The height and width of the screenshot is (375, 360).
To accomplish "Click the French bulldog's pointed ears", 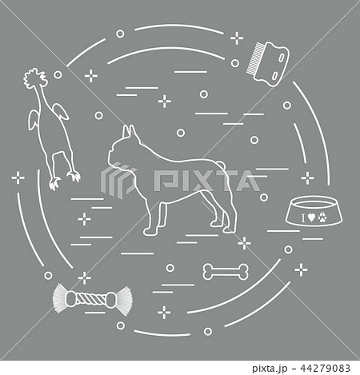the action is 129,132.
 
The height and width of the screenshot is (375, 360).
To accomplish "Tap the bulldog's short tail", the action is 222,165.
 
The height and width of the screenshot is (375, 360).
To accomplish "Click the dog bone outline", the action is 226,272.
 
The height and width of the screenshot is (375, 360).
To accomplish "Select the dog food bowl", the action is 314,211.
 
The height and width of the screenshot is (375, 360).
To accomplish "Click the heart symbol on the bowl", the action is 311,217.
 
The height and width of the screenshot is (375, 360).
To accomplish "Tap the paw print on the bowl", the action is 322,217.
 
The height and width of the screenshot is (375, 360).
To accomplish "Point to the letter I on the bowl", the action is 303,218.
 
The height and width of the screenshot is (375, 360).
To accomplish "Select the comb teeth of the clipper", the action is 253,58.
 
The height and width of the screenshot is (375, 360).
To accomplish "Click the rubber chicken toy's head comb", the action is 35,78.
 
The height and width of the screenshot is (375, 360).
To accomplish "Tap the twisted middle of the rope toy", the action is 92,299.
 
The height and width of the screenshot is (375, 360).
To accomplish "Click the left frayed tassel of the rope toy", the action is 59,298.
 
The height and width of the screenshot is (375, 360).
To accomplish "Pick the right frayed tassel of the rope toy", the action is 124,300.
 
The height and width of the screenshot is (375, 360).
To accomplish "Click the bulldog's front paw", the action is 149,232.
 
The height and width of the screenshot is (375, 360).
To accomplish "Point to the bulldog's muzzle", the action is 112,158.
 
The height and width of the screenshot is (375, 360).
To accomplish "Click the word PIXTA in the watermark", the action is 207,181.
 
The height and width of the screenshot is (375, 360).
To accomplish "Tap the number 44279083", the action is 325,368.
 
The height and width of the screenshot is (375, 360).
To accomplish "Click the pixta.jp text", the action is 270,369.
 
